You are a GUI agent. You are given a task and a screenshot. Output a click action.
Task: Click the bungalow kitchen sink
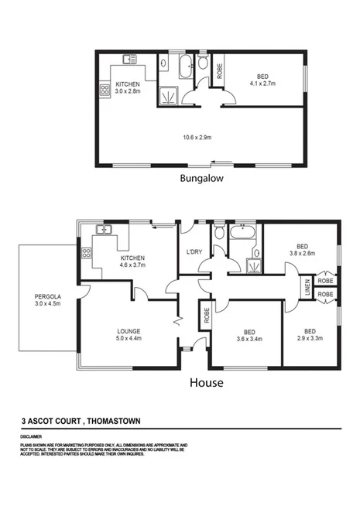(129, 60)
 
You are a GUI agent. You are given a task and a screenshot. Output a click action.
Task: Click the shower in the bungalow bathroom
(167, 97)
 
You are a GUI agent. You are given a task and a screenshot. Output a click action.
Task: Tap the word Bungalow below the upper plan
(201, 178)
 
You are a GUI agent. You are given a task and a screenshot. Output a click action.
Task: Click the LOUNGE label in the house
(128, 334)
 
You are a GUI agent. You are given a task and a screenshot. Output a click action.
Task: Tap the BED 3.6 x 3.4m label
(246, 333)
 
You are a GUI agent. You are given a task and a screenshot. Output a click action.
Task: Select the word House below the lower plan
(207, 382)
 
